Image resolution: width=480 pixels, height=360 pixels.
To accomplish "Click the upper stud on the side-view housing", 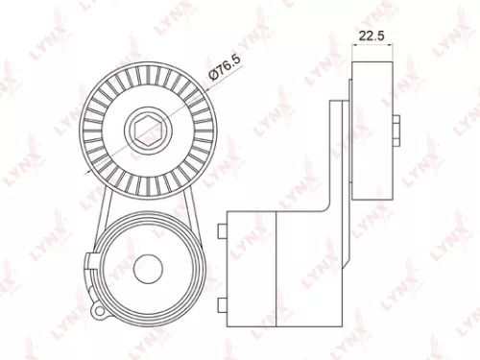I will tap(222, 229).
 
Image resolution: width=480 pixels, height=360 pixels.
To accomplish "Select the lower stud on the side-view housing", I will tap(222, 304).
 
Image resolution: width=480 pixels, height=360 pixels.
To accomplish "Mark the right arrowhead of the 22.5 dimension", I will tap(394, 46).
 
